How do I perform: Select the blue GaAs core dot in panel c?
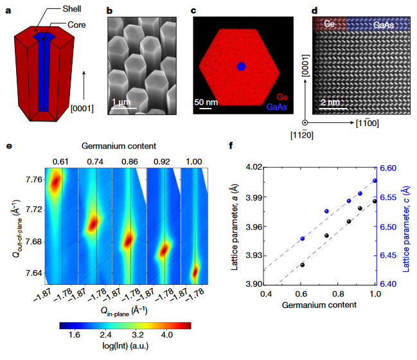[242, 66]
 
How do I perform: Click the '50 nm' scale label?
[206, 102]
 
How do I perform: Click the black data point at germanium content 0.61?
[303, 265]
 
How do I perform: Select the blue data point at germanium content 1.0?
[375, 180]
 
